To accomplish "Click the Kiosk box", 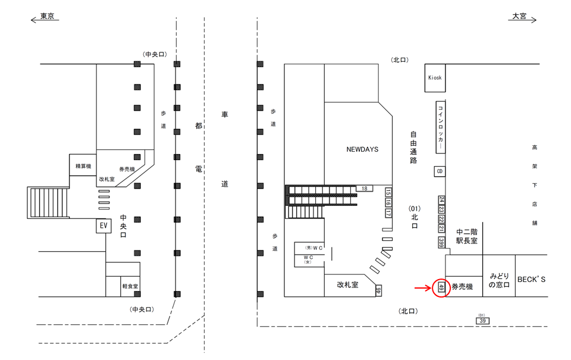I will coord(435,78).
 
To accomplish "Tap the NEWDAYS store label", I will coord(362,149).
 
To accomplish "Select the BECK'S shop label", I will coord(531,278).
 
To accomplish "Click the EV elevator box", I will coord(103,226).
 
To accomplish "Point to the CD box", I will coord(440,171).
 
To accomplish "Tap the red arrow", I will coord(423,289).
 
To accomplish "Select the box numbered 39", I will coord(482,321).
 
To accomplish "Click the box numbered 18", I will coord(363,188).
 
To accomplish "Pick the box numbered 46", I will coord(378,290).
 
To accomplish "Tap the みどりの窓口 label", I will coord(498,281).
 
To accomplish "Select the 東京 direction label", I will coord(47,17).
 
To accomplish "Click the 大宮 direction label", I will coord(519,17).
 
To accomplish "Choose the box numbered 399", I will coord(441,242).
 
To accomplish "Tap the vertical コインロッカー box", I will coord(440,127).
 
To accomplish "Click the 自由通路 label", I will coord(413,148).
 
